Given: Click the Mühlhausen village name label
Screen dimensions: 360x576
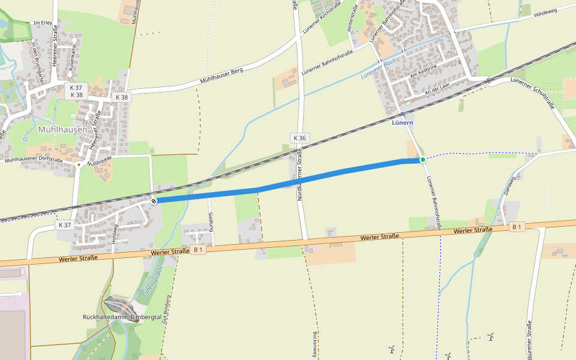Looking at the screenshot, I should coord(62,129).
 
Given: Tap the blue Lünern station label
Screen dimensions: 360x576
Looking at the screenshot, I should coord(402,122).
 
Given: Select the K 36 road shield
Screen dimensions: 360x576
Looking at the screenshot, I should coord(299,138).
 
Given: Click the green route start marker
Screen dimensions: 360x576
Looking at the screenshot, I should coord(423,159).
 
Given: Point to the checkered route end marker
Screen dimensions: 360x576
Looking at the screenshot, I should coord(154,200).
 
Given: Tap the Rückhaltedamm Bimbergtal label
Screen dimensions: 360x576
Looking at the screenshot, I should coord(122,317).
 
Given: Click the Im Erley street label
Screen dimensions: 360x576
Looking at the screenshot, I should coord(44,23).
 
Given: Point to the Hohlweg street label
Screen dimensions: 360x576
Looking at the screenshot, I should coord(115,233).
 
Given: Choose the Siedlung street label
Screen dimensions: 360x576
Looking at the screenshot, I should coord(211,221).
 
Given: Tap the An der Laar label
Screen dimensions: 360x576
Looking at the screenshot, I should coord(436,90).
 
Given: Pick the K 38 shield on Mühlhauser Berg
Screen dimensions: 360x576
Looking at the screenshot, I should coord(121,97).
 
